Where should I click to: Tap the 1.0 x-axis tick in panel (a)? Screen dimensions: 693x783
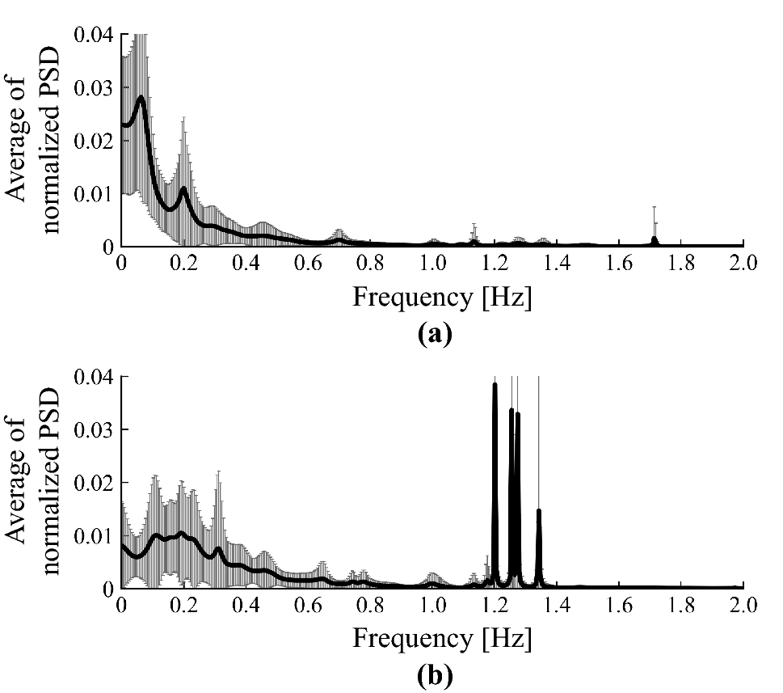pyautogui.click(x=432, y=264)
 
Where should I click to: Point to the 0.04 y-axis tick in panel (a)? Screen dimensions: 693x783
pyautogui.click(x=96, y=35)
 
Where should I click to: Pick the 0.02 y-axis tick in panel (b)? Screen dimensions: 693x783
pyautogui.click(x=96, y=483)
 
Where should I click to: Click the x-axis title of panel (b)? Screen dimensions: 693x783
pyautogui.click(x=442, y=639)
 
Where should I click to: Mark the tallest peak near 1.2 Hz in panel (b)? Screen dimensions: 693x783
pyautogui.click(x=495, y=386)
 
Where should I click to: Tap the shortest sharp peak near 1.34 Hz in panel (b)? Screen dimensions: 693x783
pyautogui.click(x=538, y=511)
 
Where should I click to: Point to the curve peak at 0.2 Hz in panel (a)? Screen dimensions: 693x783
pyautogui.click(x=183, y=188)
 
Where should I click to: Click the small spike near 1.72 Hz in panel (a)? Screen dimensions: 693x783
pyautogui.click(x=655, y=239)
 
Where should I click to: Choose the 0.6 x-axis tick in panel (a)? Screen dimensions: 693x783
pyautogui.click(x=308, y=264)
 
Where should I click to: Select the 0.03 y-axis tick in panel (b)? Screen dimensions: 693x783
pyautogui.click(x=96, y=429)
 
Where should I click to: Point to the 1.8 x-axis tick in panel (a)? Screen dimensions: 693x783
pyautogui.click(x=680, y=264)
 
